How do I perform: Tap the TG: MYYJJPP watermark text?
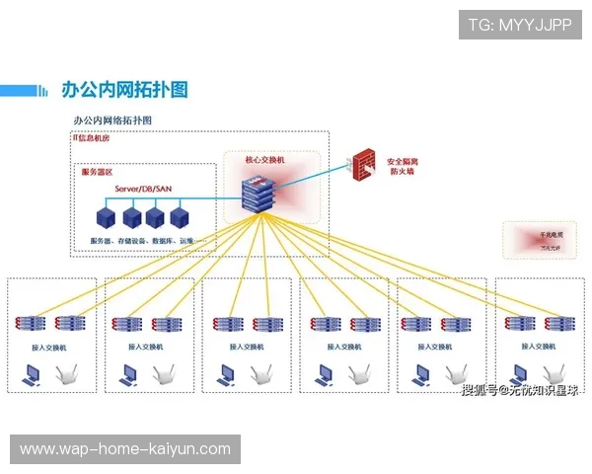pyautogui.click(x=520, y=24)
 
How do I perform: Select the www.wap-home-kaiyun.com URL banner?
pyautogui.click(x=125, y=449)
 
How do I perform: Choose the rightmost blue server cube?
pyautogui.click(x=180, y=216)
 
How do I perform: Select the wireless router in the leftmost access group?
pyautogui.click(x=66, y=376)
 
